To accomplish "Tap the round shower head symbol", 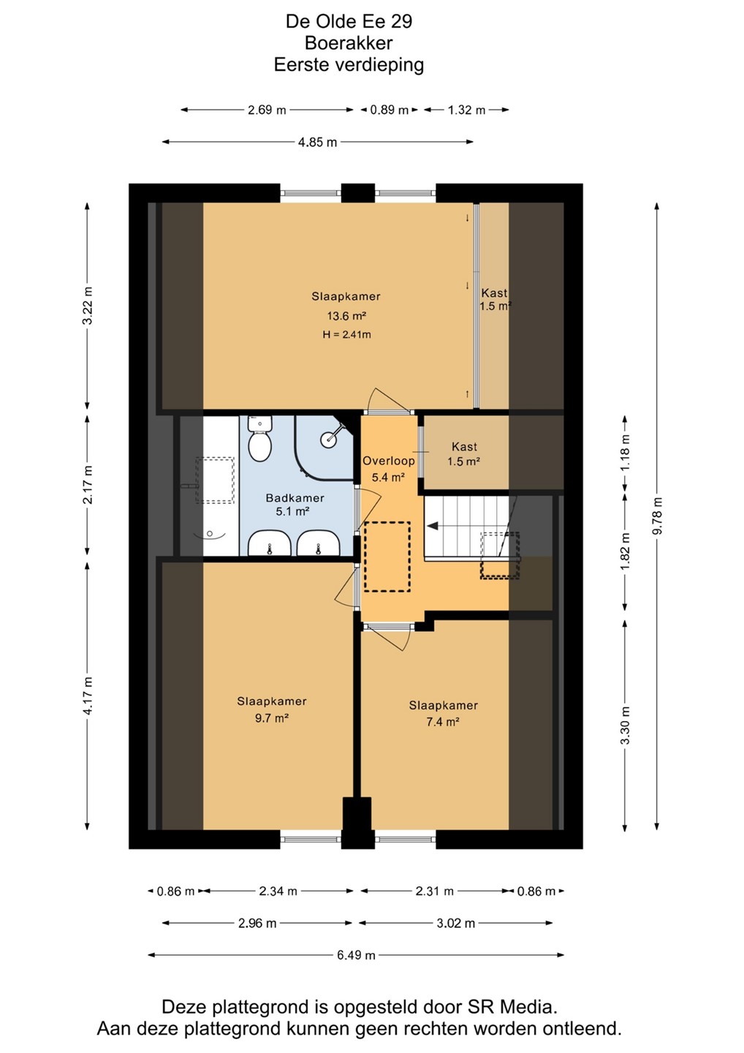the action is pyautogui.click(x=328, y=440).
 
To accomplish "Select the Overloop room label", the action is pyautogui.click(x=388, y=461).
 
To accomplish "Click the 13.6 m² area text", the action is pyautogui.click(x=346, y=315).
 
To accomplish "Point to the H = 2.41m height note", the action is pyautogui.click(x=346, y=335).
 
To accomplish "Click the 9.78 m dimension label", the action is pyautogui.click(x=657, y=516).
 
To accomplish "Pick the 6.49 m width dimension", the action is pyautogui.click(x=356, y=955).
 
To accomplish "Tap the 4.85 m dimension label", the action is pyautogui.click(x=317, y=142).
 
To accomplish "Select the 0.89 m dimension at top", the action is pyautogui.click(x=390, y=110).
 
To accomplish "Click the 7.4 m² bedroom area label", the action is pyautogui.click(x=442, y=722).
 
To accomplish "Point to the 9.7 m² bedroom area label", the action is pyautogui.click(x=271, y=718).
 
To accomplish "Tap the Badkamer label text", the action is pyautogui.click(x=295, y=498).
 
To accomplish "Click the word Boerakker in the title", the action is pyautogui.click(x=349, y=42).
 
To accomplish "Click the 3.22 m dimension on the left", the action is pyautogui.click(x=88, y=305).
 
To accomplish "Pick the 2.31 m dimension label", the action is pyautogui.click(x=434, y=891).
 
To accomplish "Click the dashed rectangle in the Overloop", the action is pyautogui.click(x=387, y=556).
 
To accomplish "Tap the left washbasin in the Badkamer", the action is pyautogui.click(x=268, y=544).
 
